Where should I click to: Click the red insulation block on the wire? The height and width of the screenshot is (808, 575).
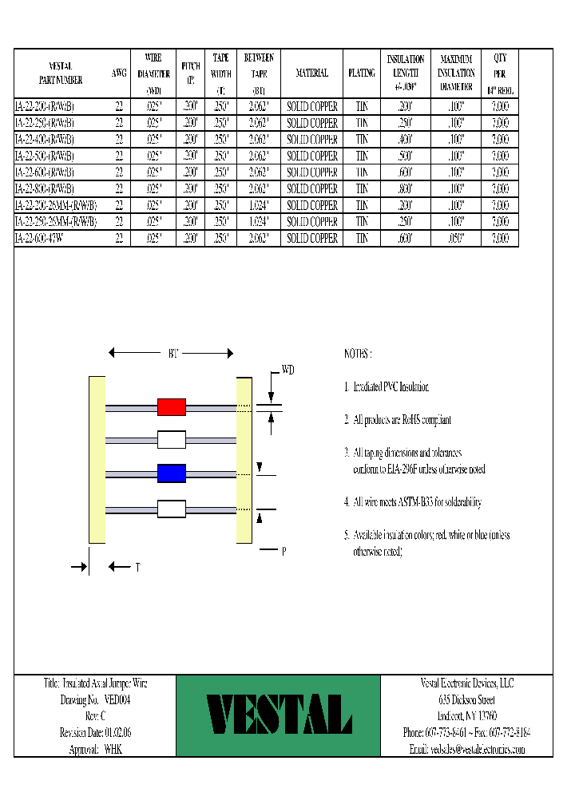click(x=171, y=407)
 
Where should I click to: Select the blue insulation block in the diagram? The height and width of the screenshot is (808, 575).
click(x=171, y=473)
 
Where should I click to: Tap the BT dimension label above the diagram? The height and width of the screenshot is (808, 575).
click(x=172, y=352)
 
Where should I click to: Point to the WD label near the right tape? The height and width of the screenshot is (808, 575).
click(x=288, y=370)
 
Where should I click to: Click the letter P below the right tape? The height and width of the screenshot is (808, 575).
click(x=284, y=550)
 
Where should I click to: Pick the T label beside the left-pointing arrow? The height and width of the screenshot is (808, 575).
click(x=137, y=567)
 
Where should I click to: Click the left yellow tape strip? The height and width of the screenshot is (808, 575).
click(x=97, y=460)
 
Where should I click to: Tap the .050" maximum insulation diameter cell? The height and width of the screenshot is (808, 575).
click(x=456, y=238)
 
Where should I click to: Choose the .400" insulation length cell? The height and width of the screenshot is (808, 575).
click(x=405, y=139)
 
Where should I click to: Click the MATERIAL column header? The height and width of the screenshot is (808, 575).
click(x=311, y=73)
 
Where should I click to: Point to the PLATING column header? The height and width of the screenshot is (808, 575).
click(x=361, y=73)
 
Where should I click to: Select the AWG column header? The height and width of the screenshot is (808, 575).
click(x=119, y=73)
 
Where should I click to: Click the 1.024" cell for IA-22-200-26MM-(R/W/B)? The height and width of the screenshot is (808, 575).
click(x=259, y=205)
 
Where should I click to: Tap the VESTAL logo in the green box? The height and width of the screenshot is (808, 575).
click(x=279, y=715)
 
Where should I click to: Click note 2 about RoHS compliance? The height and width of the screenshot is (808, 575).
click(x=398, y=419)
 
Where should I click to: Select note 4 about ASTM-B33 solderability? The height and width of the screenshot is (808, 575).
click(x=412, y=502)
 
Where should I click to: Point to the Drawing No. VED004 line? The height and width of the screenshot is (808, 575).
click(x=95, y=699)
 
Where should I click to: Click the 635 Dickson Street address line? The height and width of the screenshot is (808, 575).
click(x=467, y=699)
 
